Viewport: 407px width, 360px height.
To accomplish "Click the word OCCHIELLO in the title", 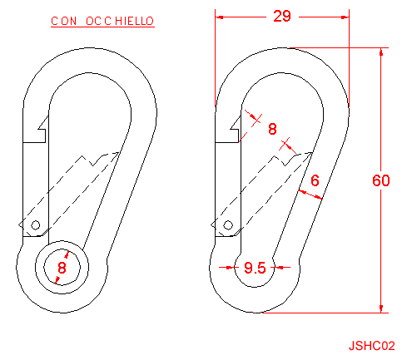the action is point(120,21).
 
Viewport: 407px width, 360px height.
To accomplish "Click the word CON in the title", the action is point(64,21).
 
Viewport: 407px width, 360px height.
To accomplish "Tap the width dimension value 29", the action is point(282,16).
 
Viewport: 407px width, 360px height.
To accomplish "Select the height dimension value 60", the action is point(381,180).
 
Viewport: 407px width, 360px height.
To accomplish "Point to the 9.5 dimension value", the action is point(255,268).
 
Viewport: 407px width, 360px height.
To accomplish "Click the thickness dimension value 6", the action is point(315,180).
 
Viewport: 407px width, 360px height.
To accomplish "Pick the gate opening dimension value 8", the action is point(272,129).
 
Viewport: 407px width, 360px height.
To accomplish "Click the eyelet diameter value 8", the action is point(62,268).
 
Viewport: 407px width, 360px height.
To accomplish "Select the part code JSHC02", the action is point(371,346).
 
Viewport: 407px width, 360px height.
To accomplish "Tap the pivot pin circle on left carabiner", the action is point(35,225).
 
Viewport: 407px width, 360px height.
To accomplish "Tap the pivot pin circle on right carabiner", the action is point(228,225).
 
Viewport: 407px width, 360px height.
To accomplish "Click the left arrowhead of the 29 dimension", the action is point(220,17).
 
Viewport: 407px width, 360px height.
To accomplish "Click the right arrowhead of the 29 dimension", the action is point(345,17).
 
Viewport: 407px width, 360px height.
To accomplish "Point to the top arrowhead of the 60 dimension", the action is point(381,52).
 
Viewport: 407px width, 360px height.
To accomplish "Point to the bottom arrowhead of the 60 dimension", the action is point(381,308).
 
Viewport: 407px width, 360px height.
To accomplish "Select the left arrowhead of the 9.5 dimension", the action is point(230,268).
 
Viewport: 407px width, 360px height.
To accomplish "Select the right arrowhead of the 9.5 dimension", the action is point(279,268).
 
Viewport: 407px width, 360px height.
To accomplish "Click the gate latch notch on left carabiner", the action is point(42,130).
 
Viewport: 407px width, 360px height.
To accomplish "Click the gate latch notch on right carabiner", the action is point(235,130).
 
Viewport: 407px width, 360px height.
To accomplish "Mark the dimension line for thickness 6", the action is point(310,195).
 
